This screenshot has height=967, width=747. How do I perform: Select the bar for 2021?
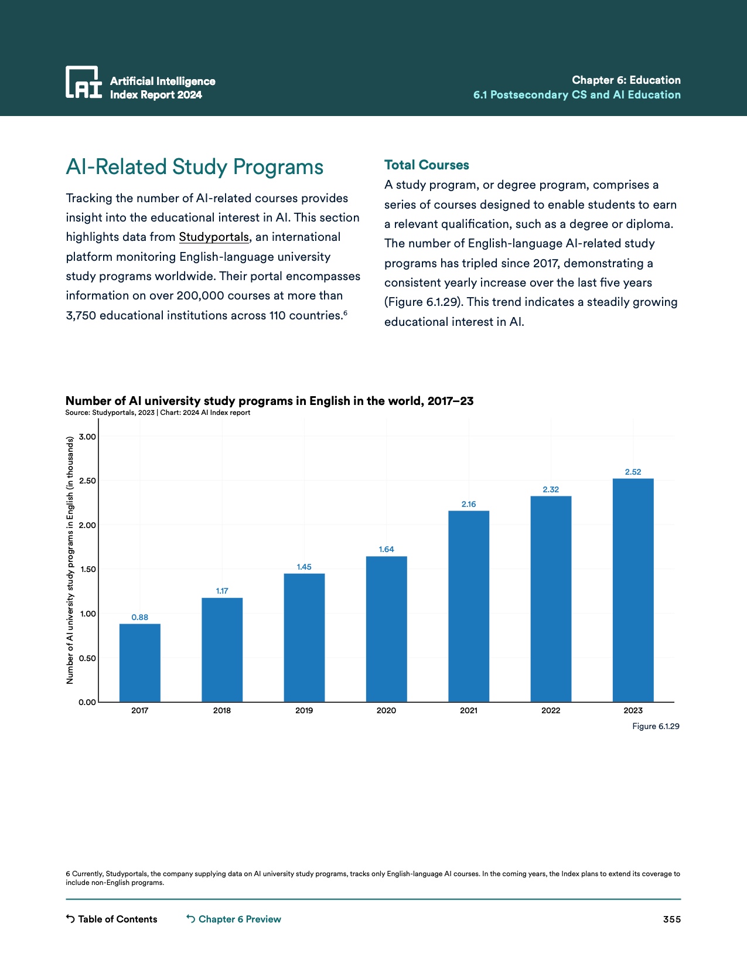point(469,606)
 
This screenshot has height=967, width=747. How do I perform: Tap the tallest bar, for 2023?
point(633,590)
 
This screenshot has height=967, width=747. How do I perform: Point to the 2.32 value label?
point(551,489)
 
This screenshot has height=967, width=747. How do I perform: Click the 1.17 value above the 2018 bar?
point(222,591)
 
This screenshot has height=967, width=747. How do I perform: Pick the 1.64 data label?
point(386,549)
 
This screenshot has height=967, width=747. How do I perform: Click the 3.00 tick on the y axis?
point(87,437)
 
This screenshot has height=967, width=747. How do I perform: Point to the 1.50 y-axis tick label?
point(87,570)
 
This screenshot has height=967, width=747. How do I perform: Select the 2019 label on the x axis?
point(304,710)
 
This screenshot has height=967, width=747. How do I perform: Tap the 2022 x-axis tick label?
point(551,710)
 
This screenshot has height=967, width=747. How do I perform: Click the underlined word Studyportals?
point(214,237)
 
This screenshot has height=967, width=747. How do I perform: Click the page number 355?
point(671,920)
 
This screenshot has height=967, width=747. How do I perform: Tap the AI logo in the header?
point(83,82)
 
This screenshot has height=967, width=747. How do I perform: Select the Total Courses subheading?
point(427,165)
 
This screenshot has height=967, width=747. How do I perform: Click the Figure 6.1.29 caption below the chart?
point(656,726)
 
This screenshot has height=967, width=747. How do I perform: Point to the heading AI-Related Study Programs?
point(195,167)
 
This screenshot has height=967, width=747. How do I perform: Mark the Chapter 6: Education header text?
point(626,80)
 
